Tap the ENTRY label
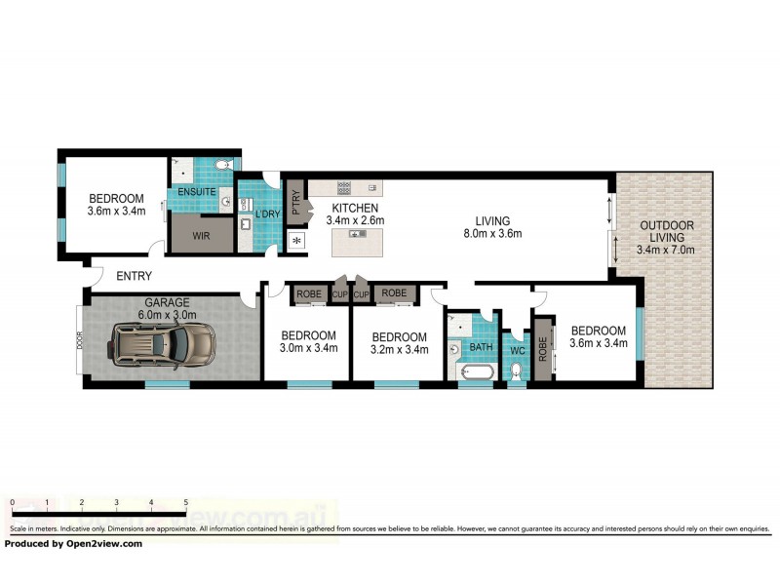coord(135,277)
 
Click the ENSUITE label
coord(196,192)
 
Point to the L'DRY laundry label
coord(268,214)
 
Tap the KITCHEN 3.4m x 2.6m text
coord(358,214)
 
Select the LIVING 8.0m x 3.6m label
coord(492,226)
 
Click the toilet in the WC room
coord(516,371)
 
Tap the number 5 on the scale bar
coord(185,502)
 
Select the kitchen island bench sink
coord(358,234)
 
